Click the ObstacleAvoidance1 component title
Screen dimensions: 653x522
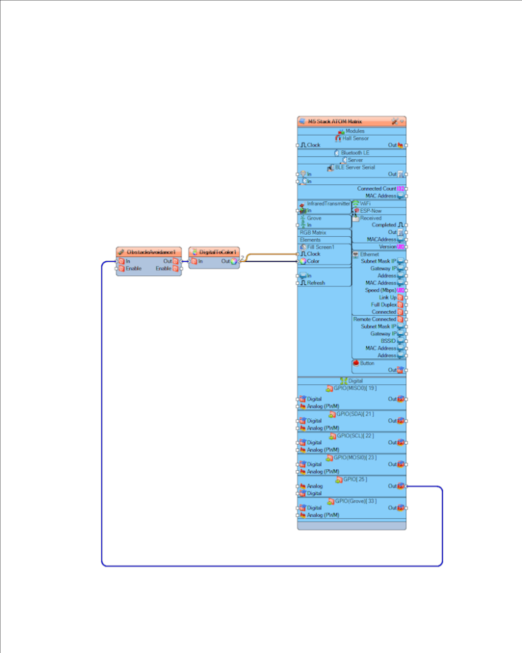coord(154,251)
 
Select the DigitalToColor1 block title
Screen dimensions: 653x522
coord(218,251)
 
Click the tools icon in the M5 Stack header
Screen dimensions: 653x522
coord(395,122)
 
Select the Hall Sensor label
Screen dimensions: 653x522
coord(356,138)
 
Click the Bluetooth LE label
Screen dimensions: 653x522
coord(355,152)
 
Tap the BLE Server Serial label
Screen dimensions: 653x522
coord(355,167)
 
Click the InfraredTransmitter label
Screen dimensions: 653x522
coord(328,203)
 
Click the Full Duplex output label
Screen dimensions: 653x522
coord(383,305)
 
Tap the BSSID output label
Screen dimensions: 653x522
coord(388,341)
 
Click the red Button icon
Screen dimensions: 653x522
coord(355,363)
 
